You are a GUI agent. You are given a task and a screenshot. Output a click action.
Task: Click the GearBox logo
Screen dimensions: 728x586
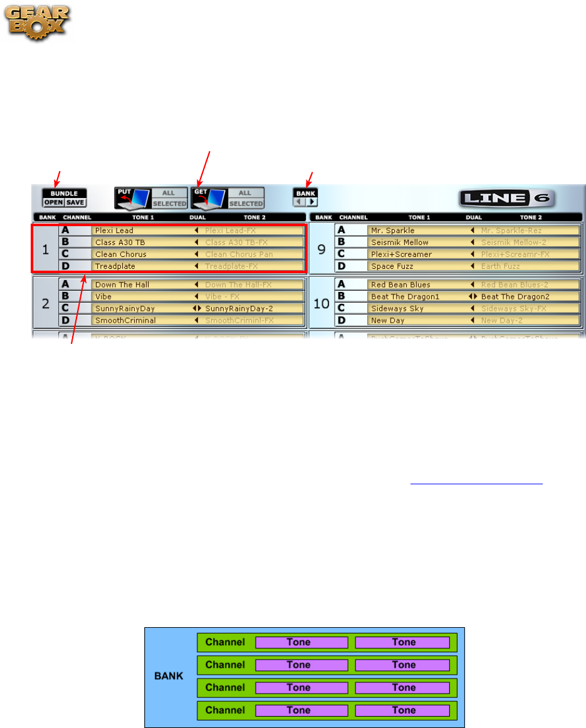(x=39, y=23)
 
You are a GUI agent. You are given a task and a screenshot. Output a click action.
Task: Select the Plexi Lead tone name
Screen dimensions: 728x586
(x=114, y=231)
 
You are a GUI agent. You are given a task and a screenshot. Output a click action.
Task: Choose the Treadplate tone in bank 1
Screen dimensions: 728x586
(x=115, y=266)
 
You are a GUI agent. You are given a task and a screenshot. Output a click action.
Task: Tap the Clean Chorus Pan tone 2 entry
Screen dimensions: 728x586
(x=239, y=254)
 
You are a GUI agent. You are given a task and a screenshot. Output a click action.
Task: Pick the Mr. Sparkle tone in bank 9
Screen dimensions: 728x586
(x=392, y=231)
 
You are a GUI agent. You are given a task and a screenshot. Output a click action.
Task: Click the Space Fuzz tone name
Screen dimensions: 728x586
(x=392, y=266)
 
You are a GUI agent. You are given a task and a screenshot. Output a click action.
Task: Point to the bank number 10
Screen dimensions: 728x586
(x=321, y=303)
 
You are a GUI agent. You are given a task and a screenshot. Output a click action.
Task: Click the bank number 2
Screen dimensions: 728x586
(x=45, y=303)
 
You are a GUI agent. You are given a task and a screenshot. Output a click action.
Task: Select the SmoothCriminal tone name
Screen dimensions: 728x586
(x=125, y=320)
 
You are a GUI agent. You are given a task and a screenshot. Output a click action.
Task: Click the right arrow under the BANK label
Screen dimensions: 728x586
(x=311, y=202)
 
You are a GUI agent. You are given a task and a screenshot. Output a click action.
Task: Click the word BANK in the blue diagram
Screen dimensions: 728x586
(x=170, y=677)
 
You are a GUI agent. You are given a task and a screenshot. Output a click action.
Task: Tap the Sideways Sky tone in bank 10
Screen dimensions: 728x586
(x=397, y=308)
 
